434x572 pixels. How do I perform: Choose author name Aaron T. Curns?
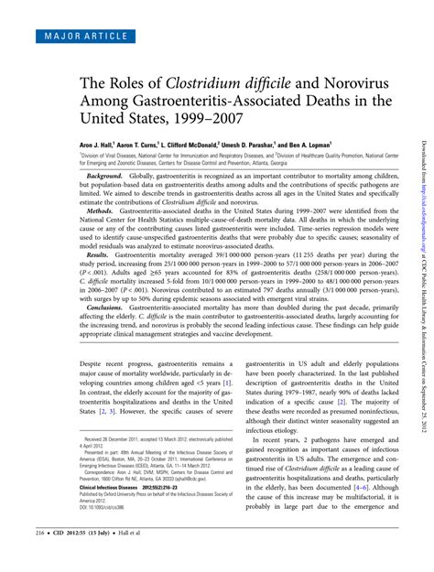[129, 144]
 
